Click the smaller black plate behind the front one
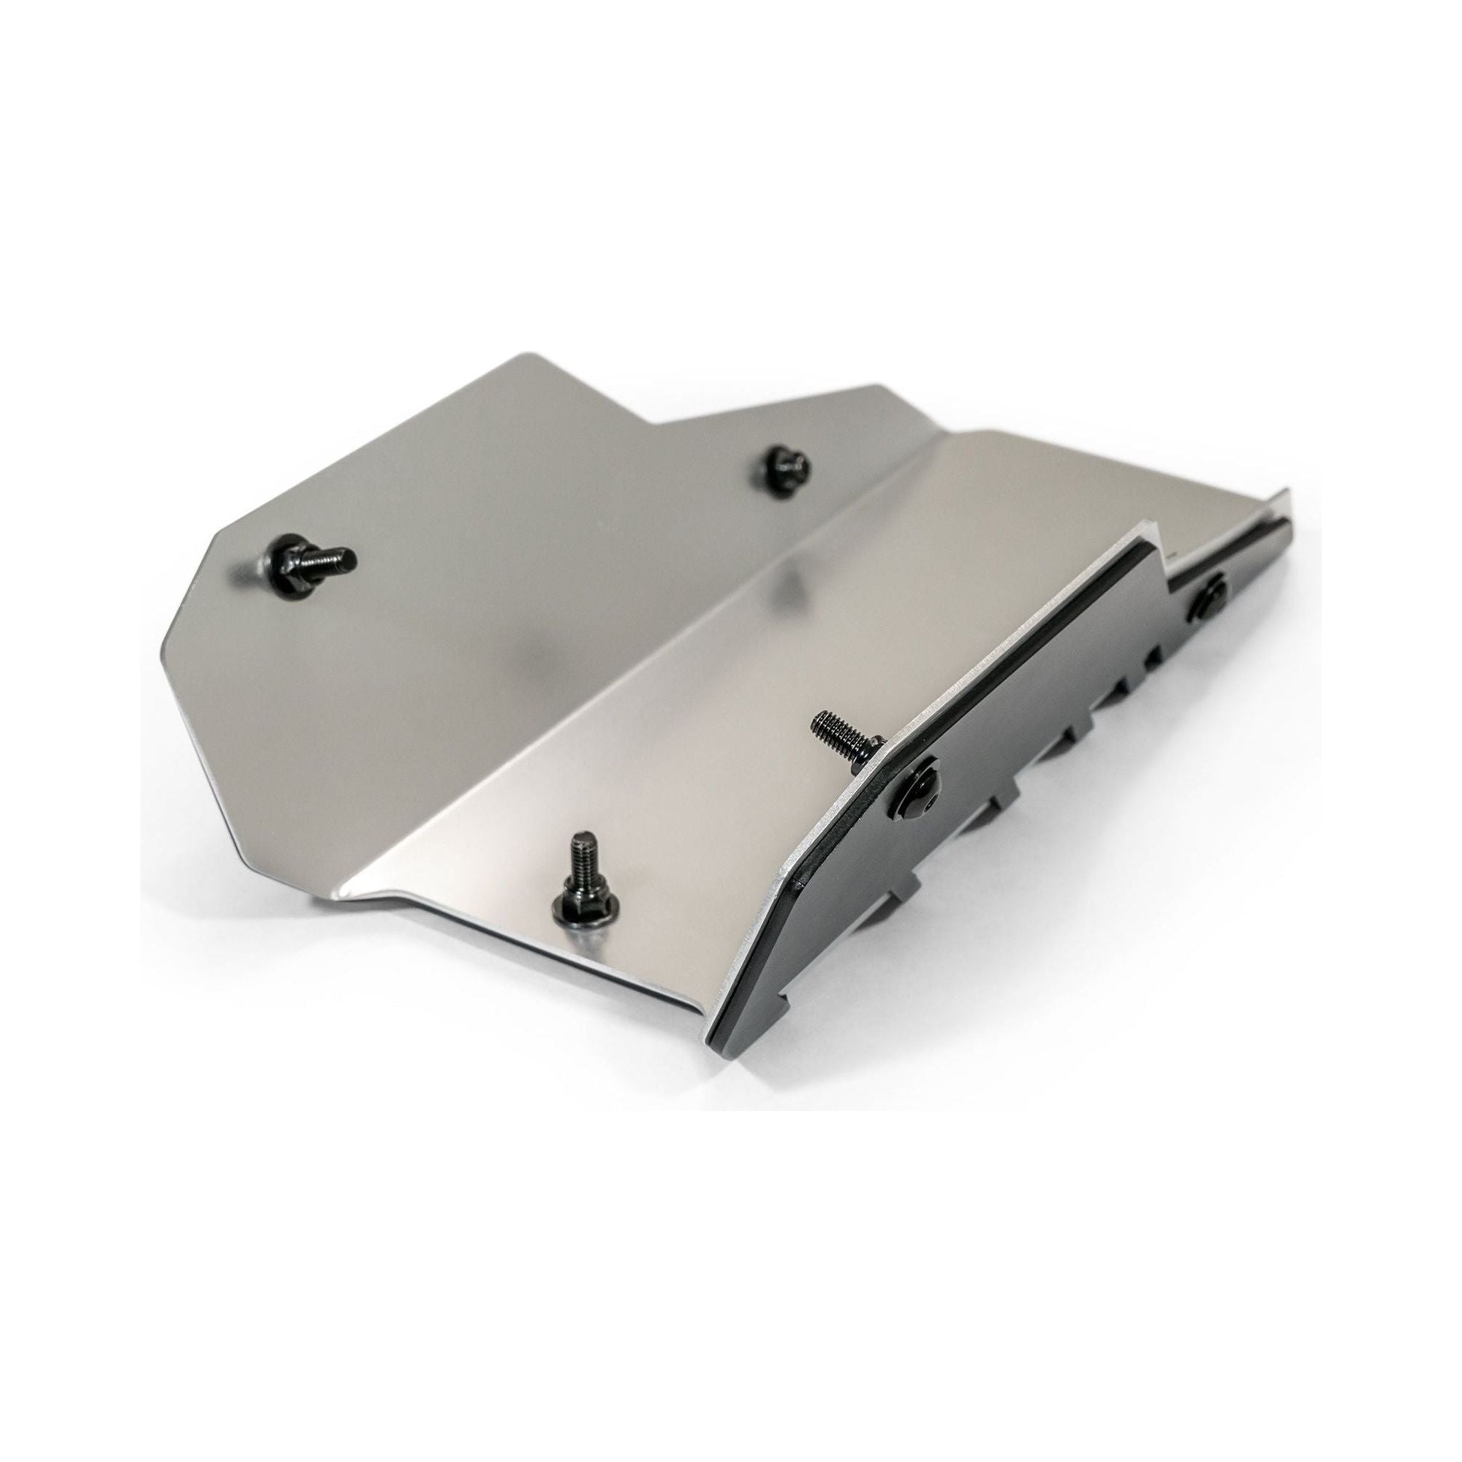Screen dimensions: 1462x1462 (1226, 598)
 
